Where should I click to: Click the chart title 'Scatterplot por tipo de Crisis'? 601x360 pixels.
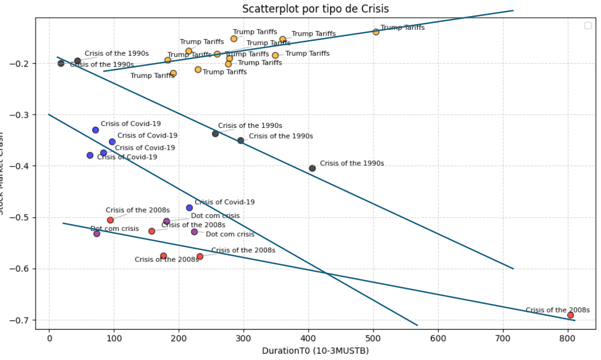pyautogui.click(x=315, y=9)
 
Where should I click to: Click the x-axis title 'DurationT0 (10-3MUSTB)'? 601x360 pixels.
pyautogui.click(x=315, y=350)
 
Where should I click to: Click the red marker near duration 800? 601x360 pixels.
pyautogui.click(x=570, y=315)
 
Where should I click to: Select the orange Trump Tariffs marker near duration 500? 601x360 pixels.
pyautogui.click(x=376, y=32)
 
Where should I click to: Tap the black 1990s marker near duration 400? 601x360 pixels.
pyautogui.click(x=312, y=168)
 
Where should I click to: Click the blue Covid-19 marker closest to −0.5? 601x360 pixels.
pyautogui.click(x=190, y=208)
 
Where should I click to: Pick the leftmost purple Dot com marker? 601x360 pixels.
pyautogui.click(x=97, y=233)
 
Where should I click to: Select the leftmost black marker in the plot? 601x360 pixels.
pyautogui.click(x=61, y=63)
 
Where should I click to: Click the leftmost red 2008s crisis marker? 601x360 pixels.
pyautogui.click(x=111, y=220)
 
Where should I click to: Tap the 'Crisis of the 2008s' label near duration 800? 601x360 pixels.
pyautogui.click(x=549, y=310)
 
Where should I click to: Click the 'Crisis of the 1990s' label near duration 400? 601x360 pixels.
pyautogui.click(x=352, y=163)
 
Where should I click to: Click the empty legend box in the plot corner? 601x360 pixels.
pyautogui.click(x=587, y=25)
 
